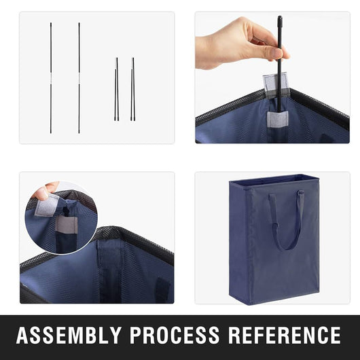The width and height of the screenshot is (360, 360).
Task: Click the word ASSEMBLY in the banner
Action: pyautogui.click(x=69, y=335)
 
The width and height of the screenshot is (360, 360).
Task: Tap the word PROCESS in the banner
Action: pyautogui.click(x=175, y=335)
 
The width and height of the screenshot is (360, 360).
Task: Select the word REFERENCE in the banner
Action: pyautogui.click(x=285, y=335)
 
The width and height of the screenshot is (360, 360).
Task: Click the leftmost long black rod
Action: pyautogui.click(x=51, y=78)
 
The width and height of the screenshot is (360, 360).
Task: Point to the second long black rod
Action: pyautogui.click(x=79, y=78)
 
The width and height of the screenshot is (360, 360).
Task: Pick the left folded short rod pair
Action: pyautogui.click(x=117, y=89)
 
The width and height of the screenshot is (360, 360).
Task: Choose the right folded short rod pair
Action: pyautogui.click(x=133, y=89)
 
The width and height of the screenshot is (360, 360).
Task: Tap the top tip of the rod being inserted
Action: pyautogui.click(x=280, y=16)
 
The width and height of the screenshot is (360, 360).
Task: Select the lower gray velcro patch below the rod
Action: pyautogui.click(x=277, y=119)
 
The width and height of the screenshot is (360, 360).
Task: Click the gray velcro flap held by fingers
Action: pyautogui.click(x=47, y=206)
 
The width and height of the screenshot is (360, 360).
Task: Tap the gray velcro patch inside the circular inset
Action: pyautogui.click(x=66, y=224)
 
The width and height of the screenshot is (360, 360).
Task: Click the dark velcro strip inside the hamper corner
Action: pyautogui.click(x=163, y=290)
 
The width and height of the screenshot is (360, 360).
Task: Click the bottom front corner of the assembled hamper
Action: pyautogui.click(x=250, y=304)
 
